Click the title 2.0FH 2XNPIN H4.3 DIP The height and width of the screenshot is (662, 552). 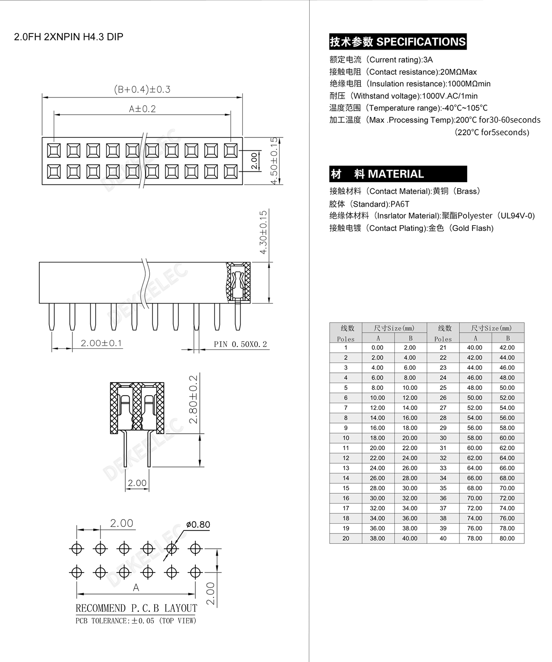pyautogui.click(x=68, y=37)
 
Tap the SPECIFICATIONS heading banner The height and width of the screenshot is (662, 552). pyautogui.click(x=397, y=42)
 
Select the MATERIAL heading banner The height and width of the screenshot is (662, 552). pyautogui.click(x=397, y=174)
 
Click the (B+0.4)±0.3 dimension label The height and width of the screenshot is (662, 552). pyautogui.click(x=142, y=90)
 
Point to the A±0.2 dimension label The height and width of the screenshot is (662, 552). pyautogui.click(x=142, y=109)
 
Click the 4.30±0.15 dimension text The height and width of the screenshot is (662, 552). pyautogui.click(x=264, y=232)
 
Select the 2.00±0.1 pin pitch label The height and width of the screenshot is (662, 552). pyautogui.click(x=101, y=343)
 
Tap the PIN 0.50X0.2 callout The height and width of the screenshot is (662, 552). pyautogui.click(x=240, y=344)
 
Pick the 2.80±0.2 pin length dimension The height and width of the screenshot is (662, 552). pyautogui.click(x=194, y=399)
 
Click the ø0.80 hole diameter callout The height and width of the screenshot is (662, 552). pyautogui.click(x=198, y=525)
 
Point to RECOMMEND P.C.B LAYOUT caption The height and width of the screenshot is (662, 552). pyautogui.click(x=136, y=608)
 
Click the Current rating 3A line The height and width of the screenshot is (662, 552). pyautogui.click(x=381, y=60)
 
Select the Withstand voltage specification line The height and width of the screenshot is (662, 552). pyautogui.click(x=403, y=96)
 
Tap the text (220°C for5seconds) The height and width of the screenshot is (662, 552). pyautogui.click(x=492, y=132)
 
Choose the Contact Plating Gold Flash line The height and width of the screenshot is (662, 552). pyautogui.click(x=411, y=228)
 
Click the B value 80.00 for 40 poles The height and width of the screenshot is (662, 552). pyautogui.click(x=507, y=538)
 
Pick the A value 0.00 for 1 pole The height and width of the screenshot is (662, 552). pyautogui.click(x=377, y=348)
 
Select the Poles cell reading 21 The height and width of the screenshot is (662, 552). pyautogui.click(x=443, y=348)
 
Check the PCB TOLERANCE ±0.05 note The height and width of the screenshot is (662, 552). pyautogui.click(x=136, y=621)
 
